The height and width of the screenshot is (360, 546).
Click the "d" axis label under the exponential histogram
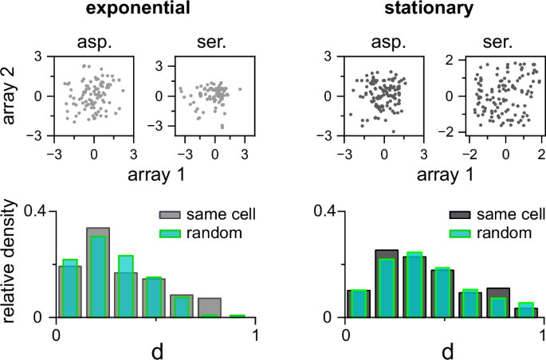tap(155, 348)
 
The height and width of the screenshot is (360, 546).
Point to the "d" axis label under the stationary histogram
tap(446, 348)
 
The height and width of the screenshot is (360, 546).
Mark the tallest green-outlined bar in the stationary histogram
tap(414, 284)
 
